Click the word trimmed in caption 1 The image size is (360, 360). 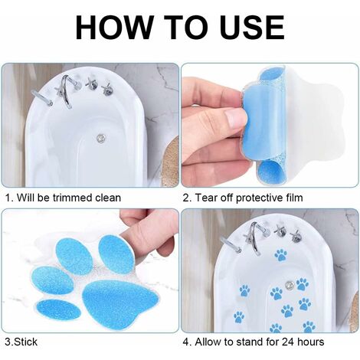click(x=77, y=198)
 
